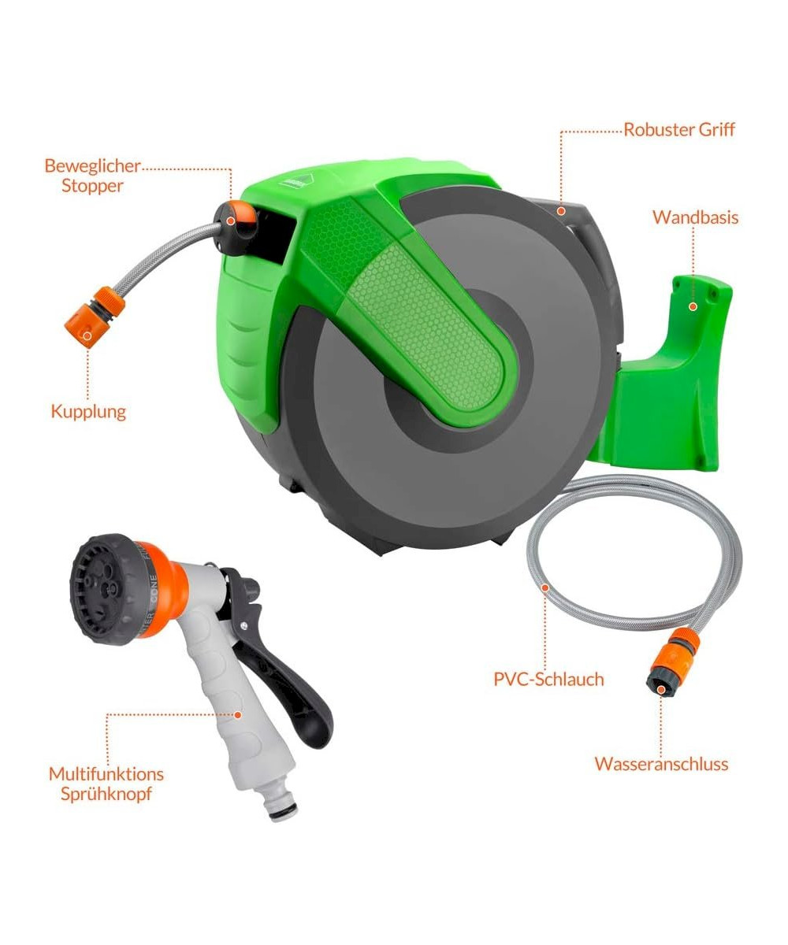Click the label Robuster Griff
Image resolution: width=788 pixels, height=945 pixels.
678,130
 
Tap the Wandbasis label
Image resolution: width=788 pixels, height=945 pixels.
695,217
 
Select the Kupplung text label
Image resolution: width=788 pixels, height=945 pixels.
88,412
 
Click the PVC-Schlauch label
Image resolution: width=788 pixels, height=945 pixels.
548,680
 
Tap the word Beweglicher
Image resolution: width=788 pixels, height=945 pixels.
92,166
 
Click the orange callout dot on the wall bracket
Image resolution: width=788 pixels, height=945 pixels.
693,306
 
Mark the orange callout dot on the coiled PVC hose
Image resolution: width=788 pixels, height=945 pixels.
546,587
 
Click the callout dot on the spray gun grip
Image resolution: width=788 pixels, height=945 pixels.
237,714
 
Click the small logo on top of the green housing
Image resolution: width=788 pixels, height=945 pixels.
296,180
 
